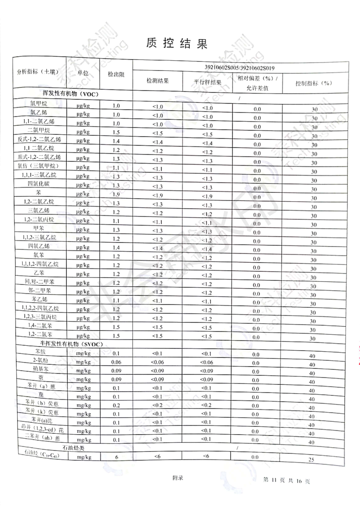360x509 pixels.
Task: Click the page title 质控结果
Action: click(x=177, y=43)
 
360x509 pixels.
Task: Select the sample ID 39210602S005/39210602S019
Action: click(x=240, y=68)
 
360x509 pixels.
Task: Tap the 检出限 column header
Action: click(x=116, y=74)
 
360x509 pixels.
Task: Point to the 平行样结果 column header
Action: click(x=208, y=82)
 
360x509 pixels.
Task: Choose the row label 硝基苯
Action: click(x=40, y=370)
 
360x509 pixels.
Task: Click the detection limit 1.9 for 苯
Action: click(x=116, y=194)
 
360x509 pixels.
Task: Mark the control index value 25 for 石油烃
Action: click(x=311, y=460)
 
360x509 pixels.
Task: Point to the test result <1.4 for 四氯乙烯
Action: click(x=158, y=248)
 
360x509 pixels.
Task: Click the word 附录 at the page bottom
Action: click(x=178, y=477)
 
